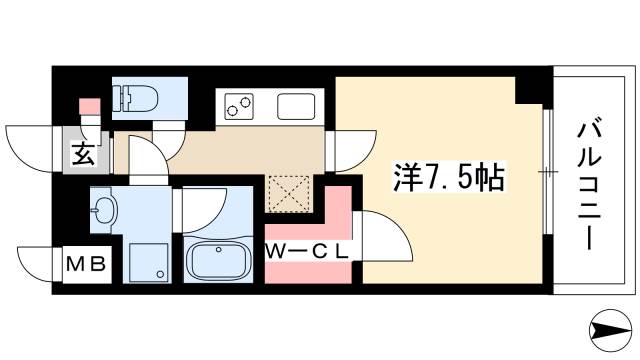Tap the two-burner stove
tap(241, 105)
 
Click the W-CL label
tap(307, 251)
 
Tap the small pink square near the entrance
tap(87, 105)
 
